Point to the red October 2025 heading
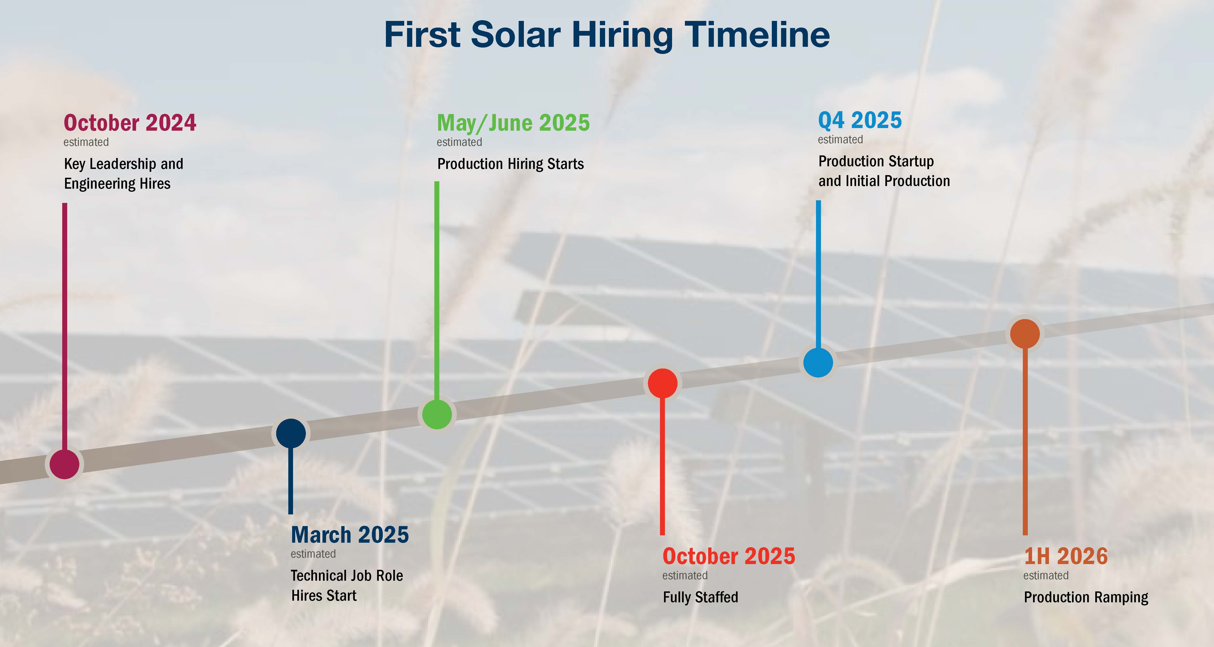pos(729,556)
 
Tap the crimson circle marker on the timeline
pos(65,464)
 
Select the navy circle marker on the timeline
pos(291,433)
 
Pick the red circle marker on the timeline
pos(663,383)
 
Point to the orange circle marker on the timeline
pos(1025,334)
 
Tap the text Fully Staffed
pos(700,598)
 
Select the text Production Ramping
pos(1086,598)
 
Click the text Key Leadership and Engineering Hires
pos(123,173)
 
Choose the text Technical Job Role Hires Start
pos(347,585)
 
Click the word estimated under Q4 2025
pos(840,139)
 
